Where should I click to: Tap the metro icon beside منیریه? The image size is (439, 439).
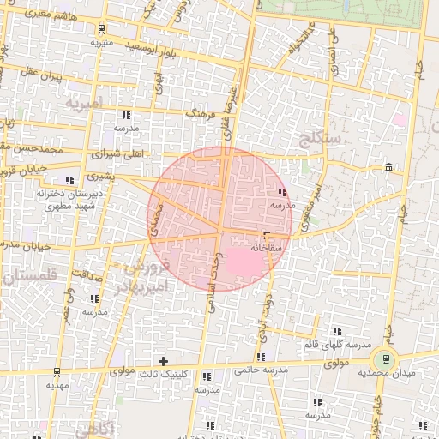(x=102, y=28)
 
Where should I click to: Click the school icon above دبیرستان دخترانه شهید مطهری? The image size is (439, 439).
(x=68, y=180)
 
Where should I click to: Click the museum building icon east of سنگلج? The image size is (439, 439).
(x=389, y=166)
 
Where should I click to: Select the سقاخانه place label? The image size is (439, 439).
(x=268, y=247)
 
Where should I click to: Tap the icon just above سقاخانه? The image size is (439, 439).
(x=267, y=234)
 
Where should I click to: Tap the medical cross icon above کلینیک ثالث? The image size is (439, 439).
(x=163, y=361)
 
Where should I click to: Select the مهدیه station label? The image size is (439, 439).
(x=57, y=385)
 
